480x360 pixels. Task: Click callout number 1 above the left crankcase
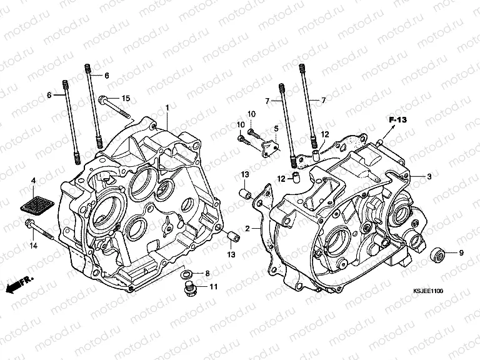[167, 108]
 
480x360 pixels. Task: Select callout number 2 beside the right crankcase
[248, 229]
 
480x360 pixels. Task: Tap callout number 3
[429, 177]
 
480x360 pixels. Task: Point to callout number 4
[33, 181]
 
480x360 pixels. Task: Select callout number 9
[461, 253]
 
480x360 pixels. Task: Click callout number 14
[34, 247]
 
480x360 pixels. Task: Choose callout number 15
[125, 98]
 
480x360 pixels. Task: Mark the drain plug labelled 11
[190, 289]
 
